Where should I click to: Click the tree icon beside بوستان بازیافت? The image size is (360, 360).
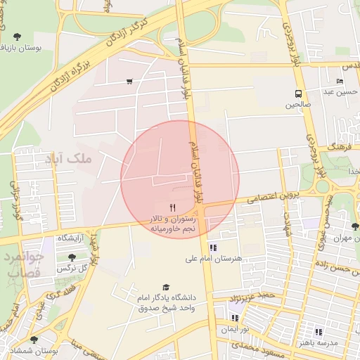[x=17, y=36]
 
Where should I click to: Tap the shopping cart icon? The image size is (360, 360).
[x=129, y=82]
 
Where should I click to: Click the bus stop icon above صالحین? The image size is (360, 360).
[x=299, y=93]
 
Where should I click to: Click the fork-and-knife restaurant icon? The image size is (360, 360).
[x=173, y=207]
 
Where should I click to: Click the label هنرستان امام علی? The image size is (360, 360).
[x=213, y=258]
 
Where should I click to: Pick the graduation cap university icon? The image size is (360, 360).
[x=166, y=287]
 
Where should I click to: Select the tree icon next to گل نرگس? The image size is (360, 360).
[x=72, y=257]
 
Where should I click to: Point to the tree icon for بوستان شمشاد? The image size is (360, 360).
[x=34, y=340]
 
